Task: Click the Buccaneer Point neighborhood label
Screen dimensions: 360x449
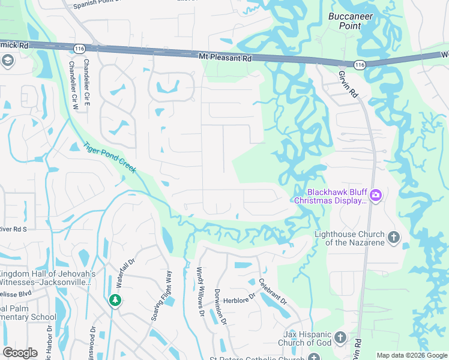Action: point(351,21)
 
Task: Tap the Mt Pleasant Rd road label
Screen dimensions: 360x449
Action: point(225,58)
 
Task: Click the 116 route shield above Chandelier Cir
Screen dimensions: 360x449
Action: point(79,47)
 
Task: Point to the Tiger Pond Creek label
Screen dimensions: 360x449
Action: point(110,158)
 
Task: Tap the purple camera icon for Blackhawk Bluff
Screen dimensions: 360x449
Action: point(376,194)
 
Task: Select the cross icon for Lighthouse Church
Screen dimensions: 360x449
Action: point(394,237)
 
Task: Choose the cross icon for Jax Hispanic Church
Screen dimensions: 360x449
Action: point(340,337)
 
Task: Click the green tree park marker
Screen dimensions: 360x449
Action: point(115,300)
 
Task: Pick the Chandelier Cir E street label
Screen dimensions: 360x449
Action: point(87,74)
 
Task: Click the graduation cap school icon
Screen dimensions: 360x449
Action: point(8,60)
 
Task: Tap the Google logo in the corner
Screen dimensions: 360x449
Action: point(20,352)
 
